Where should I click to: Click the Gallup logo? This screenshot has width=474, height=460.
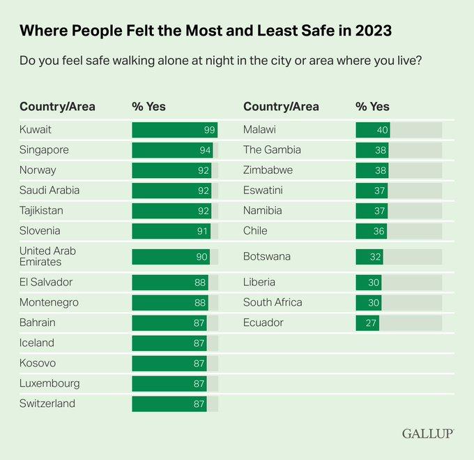427,433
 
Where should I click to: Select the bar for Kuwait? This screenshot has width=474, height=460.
174,130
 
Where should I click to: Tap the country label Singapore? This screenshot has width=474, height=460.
44,150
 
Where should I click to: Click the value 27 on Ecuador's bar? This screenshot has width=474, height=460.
371,322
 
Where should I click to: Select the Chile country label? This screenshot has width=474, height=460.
255,230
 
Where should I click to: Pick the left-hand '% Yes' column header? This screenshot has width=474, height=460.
148,107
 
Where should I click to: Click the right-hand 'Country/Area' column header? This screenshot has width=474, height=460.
281,107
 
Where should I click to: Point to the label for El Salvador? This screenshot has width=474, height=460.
46,282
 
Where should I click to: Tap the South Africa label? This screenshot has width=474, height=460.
273,302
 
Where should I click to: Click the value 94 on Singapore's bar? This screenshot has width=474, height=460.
205,150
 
